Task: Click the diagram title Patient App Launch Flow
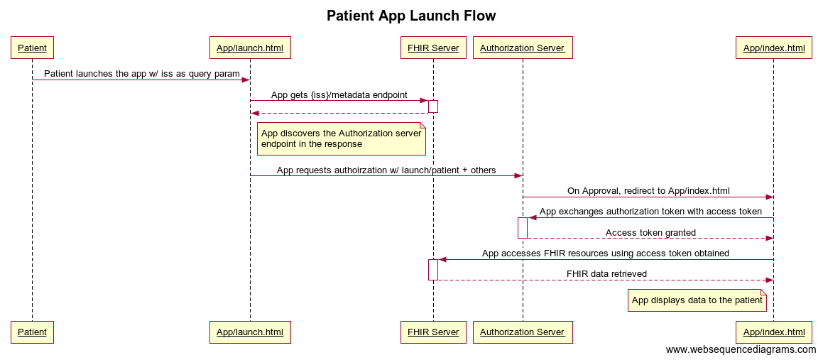411,16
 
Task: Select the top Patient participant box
32,48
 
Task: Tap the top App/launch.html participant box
250,48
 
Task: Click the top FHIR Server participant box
433,48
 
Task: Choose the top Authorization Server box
523,48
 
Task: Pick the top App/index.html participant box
773,48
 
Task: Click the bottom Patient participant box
32,332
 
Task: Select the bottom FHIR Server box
433,332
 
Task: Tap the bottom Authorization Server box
523,332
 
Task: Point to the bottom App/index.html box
773,332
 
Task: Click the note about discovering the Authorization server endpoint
341,138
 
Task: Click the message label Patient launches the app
141,74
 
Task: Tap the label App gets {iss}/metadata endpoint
339,94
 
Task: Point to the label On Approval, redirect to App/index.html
648,191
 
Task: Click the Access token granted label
650,232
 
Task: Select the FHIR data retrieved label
606,274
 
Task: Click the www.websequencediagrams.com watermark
741,350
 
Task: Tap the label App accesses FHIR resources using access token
605,253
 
